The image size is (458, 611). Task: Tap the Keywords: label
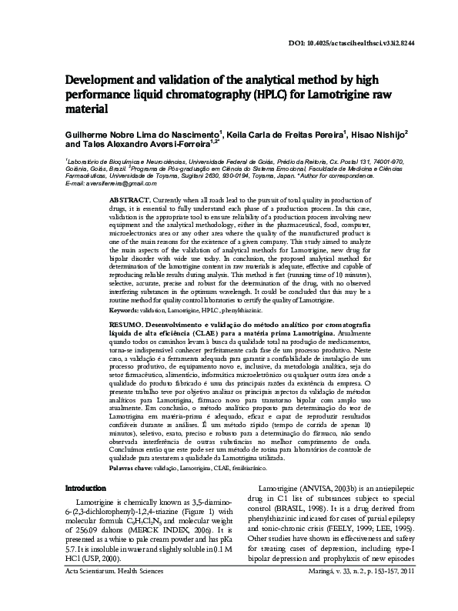coord(125,331)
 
